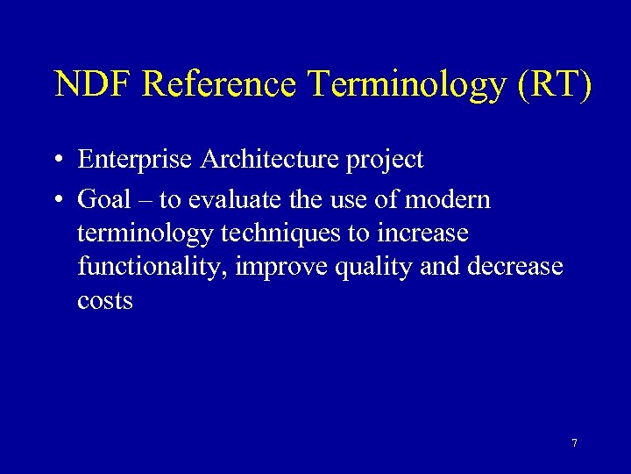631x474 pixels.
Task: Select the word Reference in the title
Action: [220, 84]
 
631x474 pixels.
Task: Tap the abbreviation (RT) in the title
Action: [555, 84]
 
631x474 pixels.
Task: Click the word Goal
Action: [103, 200]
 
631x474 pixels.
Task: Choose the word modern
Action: [448, 200]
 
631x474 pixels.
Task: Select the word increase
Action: [426, 234]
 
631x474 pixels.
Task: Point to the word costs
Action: [105, 301]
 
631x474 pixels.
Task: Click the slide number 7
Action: [574, 443]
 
